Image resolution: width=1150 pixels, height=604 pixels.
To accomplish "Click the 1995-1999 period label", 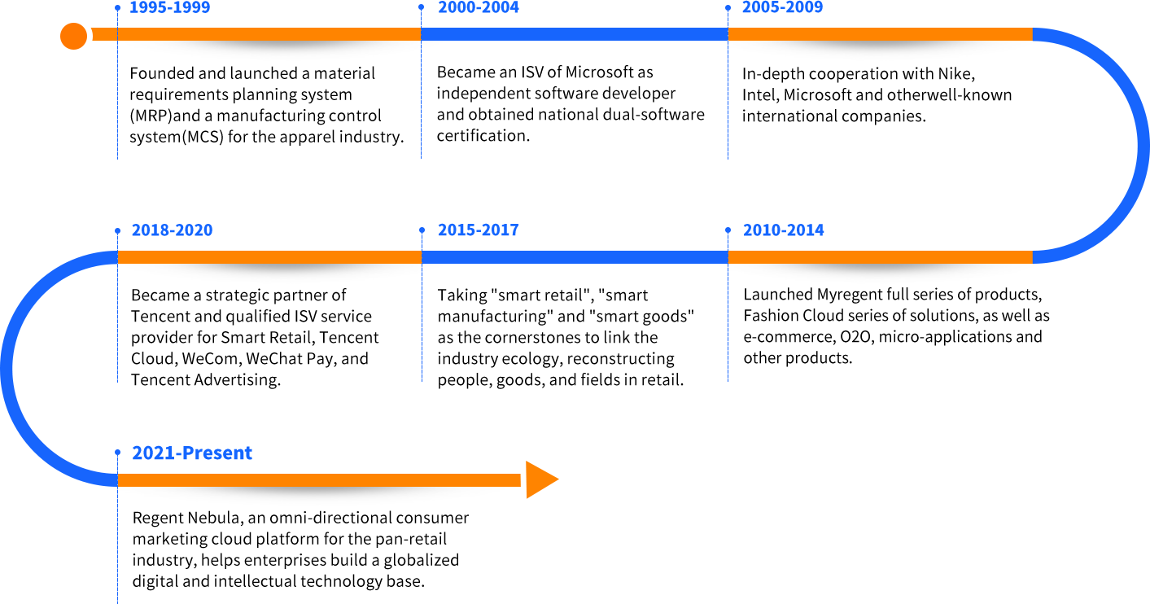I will [169, 7].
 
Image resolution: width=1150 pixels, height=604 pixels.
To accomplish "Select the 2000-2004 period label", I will [478, 7].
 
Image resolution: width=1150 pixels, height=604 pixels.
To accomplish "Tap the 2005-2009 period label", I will [782, 7].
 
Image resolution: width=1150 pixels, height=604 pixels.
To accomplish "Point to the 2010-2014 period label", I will [783, 230].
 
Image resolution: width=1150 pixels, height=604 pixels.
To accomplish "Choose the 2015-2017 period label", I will [478, 230].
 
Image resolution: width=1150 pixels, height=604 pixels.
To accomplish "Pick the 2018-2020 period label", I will [172, 230].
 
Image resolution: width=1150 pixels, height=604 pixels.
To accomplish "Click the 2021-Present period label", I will [191, 453].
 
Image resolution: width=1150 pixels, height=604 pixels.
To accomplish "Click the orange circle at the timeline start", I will [73, 36].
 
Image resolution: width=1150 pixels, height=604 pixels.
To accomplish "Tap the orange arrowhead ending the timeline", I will [543, 479].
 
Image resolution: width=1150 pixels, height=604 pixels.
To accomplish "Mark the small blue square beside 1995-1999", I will [117, 7].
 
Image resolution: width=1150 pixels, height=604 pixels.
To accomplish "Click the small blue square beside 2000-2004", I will [421, 7].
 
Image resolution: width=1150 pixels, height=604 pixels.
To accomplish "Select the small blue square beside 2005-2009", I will [728, 7].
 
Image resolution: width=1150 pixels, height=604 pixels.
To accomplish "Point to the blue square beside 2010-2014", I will [728, 230].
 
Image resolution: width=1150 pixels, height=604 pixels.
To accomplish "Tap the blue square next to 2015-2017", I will [421, 230].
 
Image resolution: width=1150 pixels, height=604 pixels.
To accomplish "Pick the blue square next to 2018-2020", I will [117, 230].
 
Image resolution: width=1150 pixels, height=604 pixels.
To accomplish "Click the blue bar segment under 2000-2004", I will [574, 34].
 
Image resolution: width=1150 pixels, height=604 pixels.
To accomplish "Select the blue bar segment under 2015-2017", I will [574, 257].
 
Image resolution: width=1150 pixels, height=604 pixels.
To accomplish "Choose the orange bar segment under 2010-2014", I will [880, 257].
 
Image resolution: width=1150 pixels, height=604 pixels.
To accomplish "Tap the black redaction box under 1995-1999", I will [266, 106].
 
